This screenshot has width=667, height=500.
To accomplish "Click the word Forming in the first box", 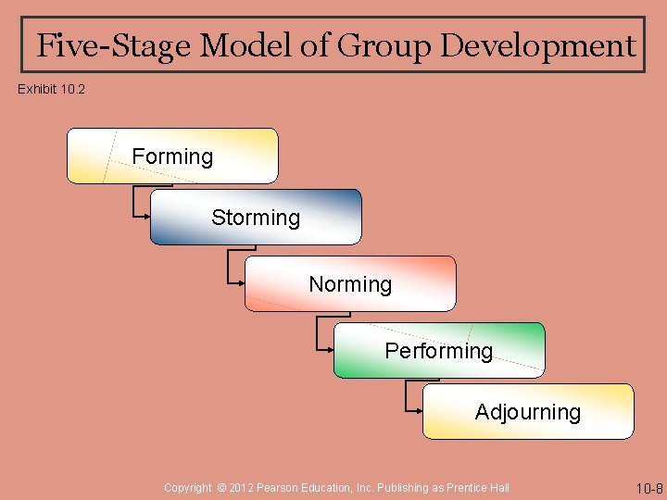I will point(172,156).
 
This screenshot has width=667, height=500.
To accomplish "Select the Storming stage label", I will point(256,218).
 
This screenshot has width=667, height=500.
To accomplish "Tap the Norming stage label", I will point(350,284).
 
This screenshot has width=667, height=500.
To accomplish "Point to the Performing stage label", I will point(439,351).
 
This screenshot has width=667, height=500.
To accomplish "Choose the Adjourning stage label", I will point(528,412).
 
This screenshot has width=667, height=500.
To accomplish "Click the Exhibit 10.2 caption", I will point(52,90).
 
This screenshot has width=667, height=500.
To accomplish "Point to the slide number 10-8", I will point(648,488).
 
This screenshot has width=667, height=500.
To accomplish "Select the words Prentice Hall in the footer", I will point(477,488).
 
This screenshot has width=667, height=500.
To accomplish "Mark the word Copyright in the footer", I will point(188,488).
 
